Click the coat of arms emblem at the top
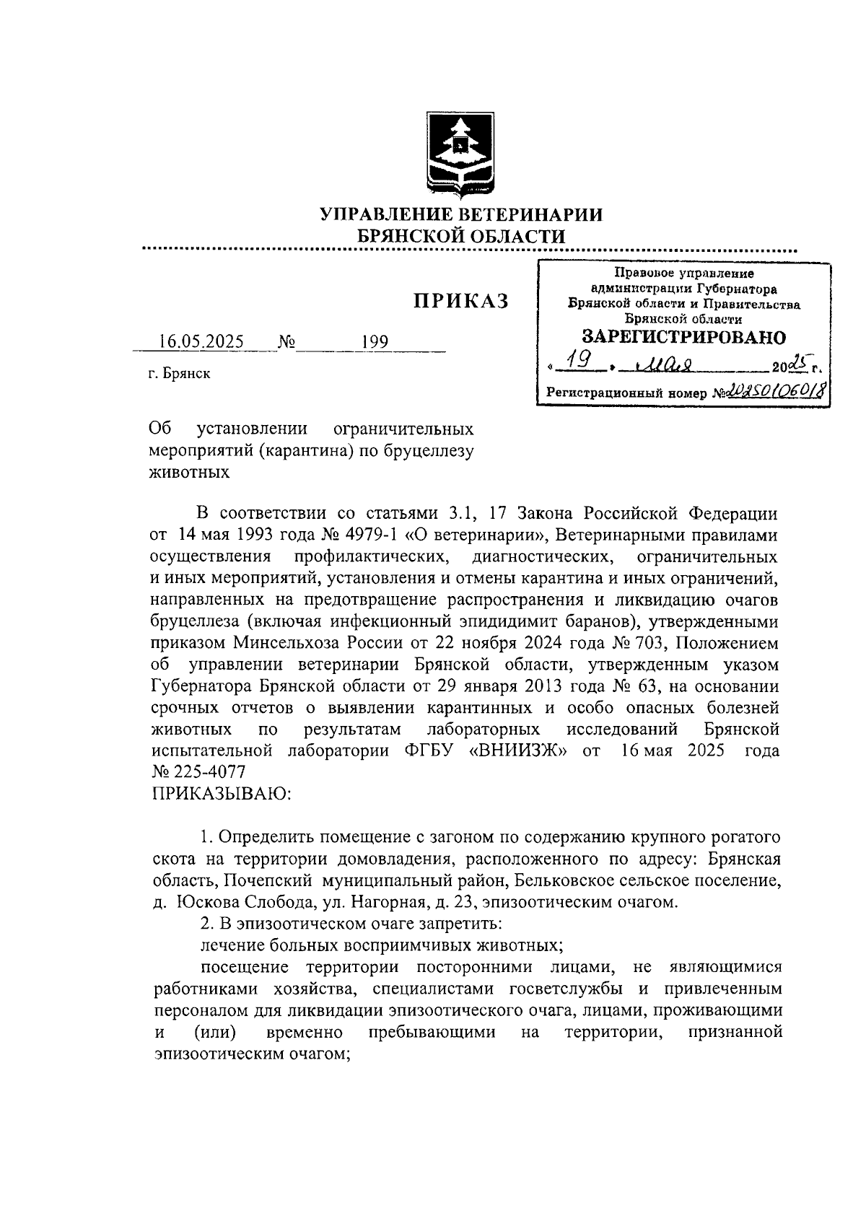point(459,153)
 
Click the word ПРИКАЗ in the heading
point(460,301)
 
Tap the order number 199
point(375,341)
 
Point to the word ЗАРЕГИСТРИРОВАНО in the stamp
point(684,336)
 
